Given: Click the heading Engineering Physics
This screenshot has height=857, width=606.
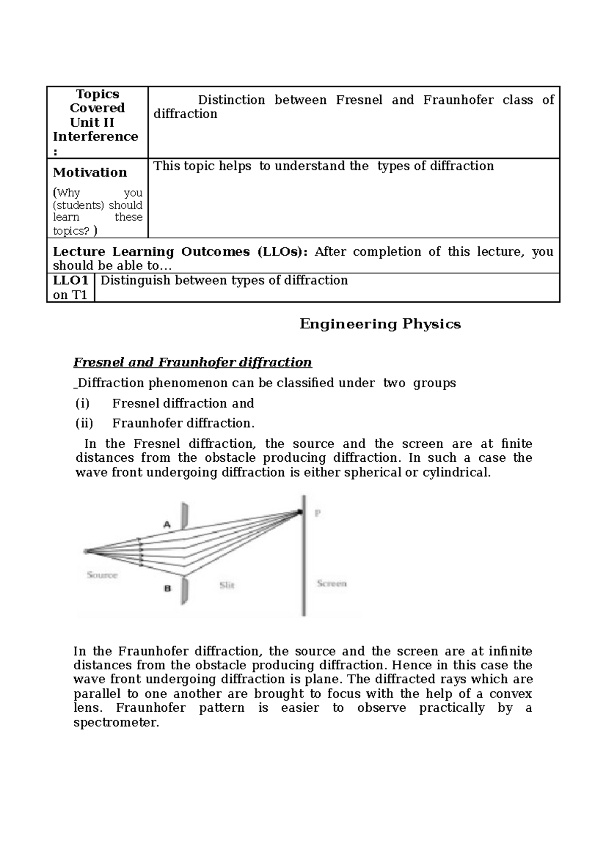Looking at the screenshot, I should click(380, 324).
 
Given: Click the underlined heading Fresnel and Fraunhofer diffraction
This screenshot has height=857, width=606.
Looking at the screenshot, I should click(192, 362).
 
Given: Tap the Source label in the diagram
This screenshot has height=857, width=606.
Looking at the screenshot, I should click(102, 575).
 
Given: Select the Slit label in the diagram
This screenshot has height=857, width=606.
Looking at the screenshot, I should click(227, 585).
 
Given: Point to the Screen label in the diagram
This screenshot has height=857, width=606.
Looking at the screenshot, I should click(331, 583).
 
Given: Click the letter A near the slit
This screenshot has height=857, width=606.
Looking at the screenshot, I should click(167, 525).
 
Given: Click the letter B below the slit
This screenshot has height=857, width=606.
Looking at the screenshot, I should click(168, 588).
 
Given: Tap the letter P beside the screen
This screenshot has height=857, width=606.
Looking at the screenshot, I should click(318, 513).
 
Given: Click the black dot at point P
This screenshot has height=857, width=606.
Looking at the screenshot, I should click(300, 512).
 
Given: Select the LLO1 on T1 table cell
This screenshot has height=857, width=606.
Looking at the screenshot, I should click(71, 288).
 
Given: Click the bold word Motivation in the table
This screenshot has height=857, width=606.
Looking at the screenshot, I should click(90, 173).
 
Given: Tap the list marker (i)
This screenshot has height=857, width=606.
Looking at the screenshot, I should click(82, 403).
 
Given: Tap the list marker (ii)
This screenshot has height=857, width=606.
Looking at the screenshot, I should click(84, 423).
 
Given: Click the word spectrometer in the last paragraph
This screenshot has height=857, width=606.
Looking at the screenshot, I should click(116, 722).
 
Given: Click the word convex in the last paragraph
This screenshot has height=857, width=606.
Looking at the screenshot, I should click(511, 693).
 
